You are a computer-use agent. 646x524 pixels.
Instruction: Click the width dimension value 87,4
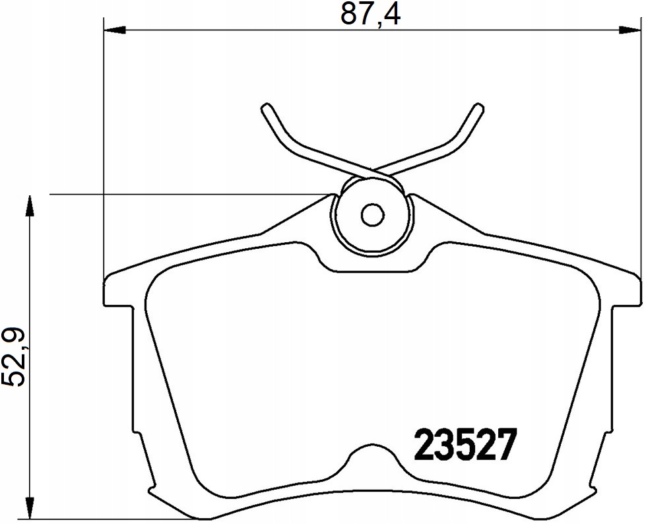click(x=371, y=14)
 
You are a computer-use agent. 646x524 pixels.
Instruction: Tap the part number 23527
click(x=465, y=445)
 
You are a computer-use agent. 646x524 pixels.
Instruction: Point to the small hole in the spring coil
click(x=372, y=214)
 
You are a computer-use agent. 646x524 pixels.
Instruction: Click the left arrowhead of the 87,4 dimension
click(x=115, y=30)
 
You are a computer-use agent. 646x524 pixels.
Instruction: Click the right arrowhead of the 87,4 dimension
click(x=630, y=30)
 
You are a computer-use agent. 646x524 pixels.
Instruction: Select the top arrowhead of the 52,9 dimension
click(x=29, y=205)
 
